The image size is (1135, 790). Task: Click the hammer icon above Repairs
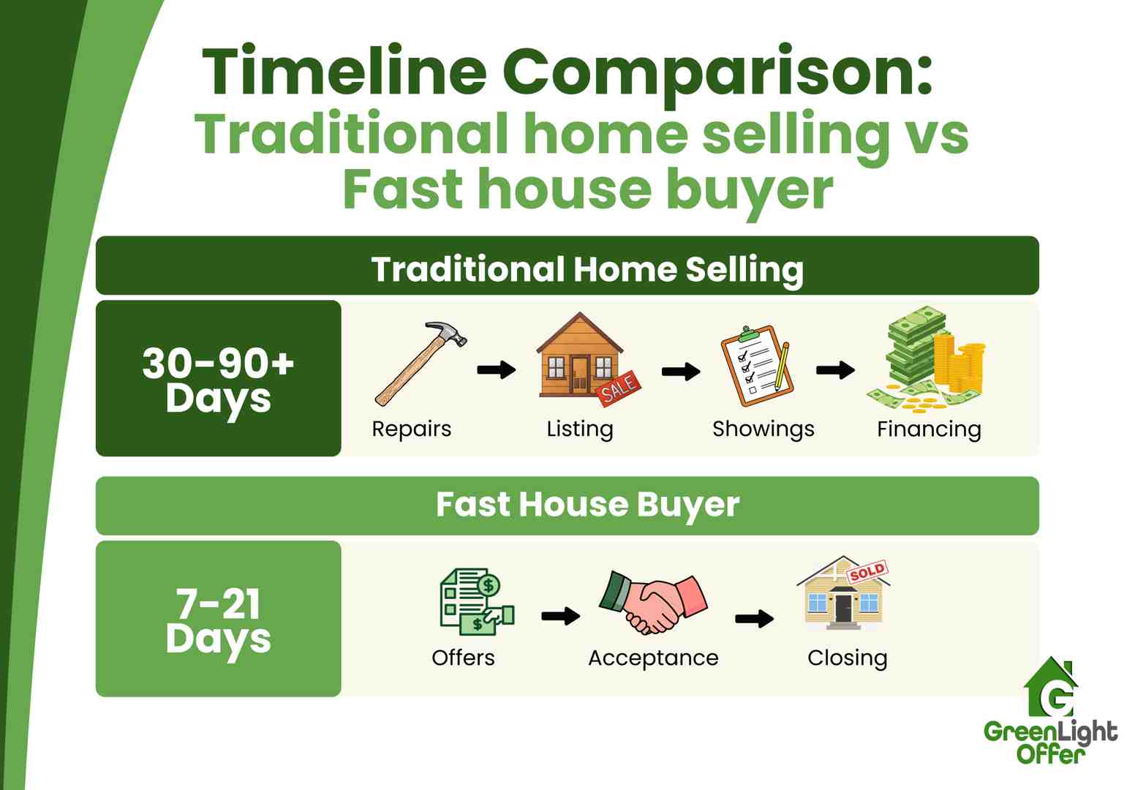pyautogui.click(x=420, y=364)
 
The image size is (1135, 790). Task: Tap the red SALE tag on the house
pyautogui.click(x=619, y=388)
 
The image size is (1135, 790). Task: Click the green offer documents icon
pyautogui.click(x=476, y=602)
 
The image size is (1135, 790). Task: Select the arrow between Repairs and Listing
pyautogui.click(x=497, y=370)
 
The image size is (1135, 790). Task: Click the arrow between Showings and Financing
pyautogui.click(x=835, y=370)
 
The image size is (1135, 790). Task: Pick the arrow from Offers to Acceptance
pyautogui.click(x=561, y=617)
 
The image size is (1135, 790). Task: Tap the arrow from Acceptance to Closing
pyautogui.click(x=754, y=619)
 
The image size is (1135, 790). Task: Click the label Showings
pyautogui.click(x=763, y=429)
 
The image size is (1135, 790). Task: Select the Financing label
pyautogui.click(x=929, y=429)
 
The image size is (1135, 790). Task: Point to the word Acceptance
pyautogui.click(x=653, y=658)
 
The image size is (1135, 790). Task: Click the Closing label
pyautogui.click(x=847, y=658)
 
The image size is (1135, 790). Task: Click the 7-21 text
pyautogui.click(x=218, y=604)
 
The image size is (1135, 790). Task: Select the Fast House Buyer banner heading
pyautogui.click(x=587, y=505)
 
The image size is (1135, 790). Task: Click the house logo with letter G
pyautogui.click(x=1051, y=689)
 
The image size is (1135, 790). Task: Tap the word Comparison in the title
pyautogui.click(x=717, y=72)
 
